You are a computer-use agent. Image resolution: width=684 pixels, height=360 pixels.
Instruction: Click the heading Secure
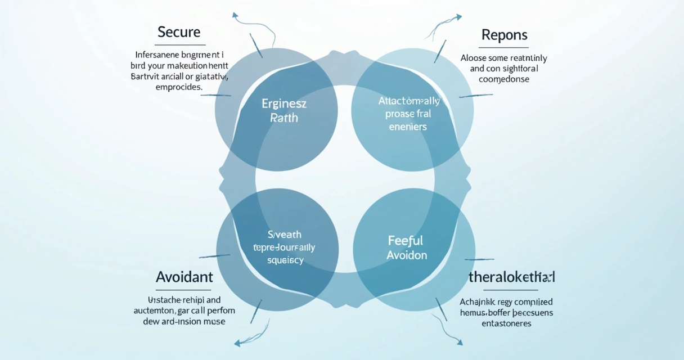pos(179,32)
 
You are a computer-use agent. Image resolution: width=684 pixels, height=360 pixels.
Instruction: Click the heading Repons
pos(504,35)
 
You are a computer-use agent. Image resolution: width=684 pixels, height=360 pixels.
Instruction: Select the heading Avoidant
pos(184,277)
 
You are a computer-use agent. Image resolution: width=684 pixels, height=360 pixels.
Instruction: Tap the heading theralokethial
pos(511,277)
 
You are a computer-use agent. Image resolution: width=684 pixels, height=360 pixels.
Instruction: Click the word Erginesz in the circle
pos(283,104)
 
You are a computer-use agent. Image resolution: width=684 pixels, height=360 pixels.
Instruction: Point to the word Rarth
pos(284,118)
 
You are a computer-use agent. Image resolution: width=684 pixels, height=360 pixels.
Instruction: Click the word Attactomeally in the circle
pos(409,101)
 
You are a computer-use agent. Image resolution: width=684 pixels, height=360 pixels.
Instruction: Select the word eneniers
pos(408,127)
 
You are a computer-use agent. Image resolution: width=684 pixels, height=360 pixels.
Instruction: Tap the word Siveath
pos(284,235)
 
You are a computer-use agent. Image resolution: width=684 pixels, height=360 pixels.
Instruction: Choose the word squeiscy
pos(285,260)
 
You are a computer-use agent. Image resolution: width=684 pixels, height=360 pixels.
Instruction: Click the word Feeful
pos(406,241)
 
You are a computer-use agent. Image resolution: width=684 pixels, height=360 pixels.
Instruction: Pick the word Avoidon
pos(407,255)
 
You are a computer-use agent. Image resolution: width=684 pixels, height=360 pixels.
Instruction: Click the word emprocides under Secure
pos(179,88)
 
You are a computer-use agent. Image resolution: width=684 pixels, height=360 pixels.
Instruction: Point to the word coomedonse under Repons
pos(504,79)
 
